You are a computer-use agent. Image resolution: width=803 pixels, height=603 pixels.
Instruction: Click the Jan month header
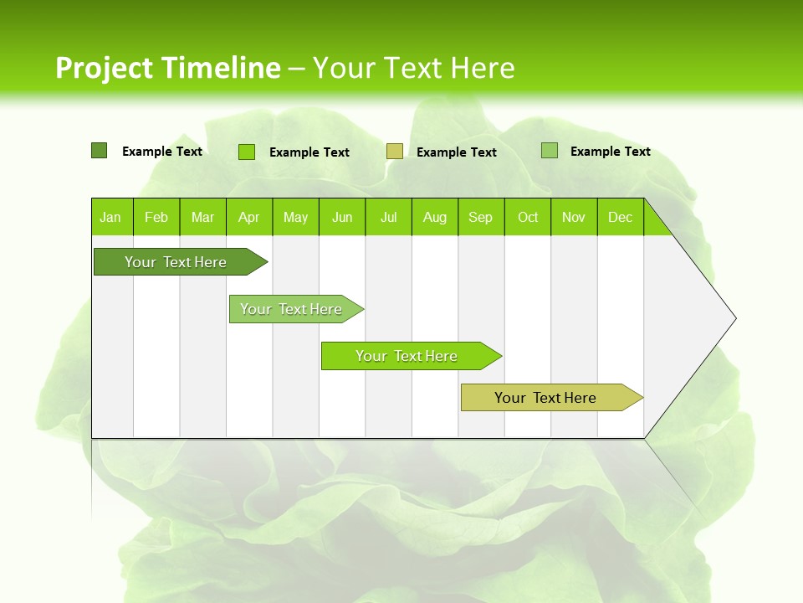pos(111,217)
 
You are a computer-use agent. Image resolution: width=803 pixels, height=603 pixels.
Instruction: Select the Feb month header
pos(156,217)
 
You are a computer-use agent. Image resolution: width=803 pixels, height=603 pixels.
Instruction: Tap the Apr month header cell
pos(249,217)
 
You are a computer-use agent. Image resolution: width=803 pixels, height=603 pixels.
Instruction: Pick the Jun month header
pos(342,217)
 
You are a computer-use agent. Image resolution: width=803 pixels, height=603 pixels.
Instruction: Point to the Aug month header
pos(435,217)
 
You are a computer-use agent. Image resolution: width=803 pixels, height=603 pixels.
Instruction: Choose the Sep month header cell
pos(481,217)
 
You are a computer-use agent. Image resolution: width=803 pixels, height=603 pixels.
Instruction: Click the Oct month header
pos(528,217)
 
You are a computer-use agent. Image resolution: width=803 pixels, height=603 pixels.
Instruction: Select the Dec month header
pos(621,217)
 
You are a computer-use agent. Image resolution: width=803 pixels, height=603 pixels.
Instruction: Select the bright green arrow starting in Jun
pos(407,356)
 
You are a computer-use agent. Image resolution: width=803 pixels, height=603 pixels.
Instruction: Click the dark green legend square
pos(99,151)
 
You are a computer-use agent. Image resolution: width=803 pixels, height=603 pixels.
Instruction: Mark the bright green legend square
pos(247,152)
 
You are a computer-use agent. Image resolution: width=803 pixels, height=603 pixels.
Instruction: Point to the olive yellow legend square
pos(395,152)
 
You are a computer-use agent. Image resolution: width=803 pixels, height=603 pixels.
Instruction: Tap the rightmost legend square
pos(549,151)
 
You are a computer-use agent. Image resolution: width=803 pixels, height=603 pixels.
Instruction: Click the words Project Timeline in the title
pos(167,68)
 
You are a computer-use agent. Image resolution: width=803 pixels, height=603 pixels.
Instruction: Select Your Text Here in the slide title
pos(413,68)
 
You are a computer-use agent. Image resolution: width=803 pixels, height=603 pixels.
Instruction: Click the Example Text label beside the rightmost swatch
pos(610,152)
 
